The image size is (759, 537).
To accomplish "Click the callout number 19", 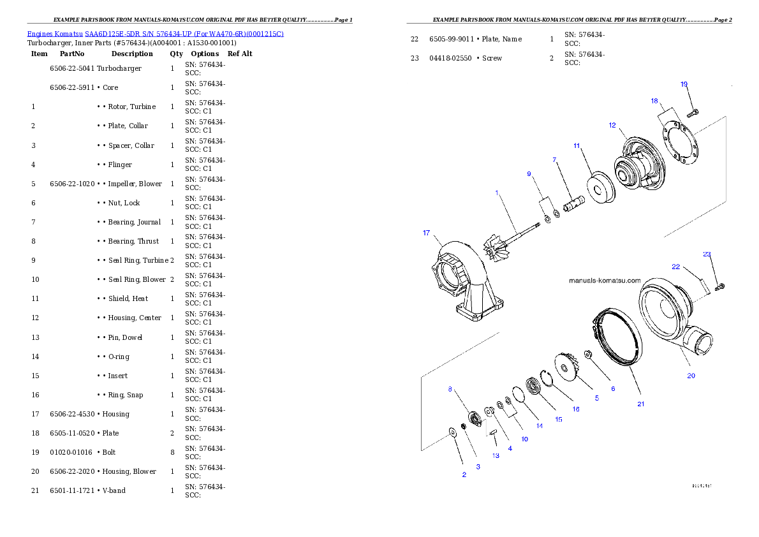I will [684, 84].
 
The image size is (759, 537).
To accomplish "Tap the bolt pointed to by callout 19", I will [692, 114].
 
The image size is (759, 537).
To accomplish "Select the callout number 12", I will [612, 125].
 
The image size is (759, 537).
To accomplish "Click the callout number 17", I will [426, 233].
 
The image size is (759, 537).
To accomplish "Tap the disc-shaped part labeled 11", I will [600, 189].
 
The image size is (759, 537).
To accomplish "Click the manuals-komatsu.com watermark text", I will [604, 279].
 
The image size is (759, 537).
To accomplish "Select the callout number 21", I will [641, 404].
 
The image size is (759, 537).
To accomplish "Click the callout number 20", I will [691, 376].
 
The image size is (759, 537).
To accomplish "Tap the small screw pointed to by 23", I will [721, 286].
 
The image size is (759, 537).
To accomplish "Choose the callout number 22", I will [675, 267].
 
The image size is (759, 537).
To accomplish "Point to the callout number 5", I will [597, 398].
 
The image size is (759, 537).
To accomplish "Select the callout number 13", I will [496, 456].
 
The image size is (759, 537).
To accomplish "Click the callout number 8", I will [450, 388].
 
